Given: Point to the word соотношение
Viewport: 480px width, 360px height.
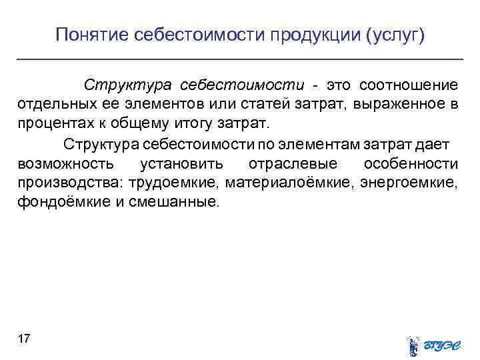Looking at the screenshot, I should click(408, 86).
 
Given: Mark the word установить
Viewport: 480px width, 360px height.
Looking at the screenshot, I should click(182, 163).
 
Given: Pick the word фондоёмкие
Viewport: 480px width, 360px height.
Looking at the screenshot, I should click(56, 202).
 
